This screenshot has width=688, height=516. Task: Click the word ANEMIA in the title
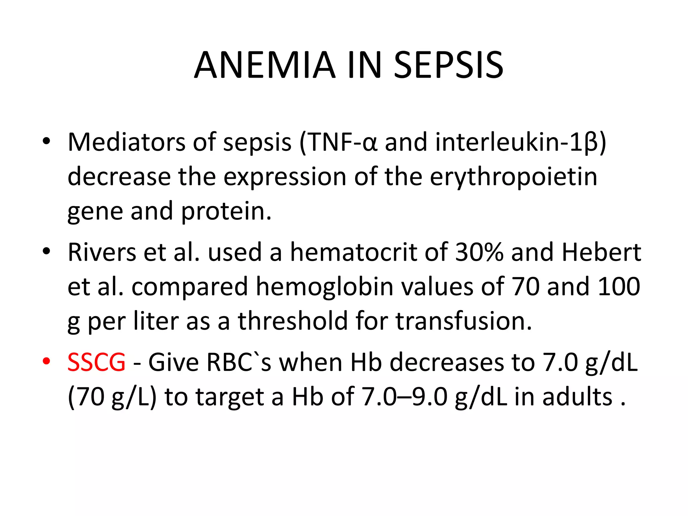(x=265, y=66)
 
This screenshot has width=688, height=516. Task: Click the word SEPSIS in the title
(x=448, y=66)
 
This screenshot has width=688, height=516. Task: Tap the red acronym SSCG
(x=96, y=362)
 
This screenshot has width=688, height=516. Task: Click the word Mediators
(x=126, y=142)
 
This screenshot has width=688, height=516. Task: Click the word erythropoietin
(x=514, y=177)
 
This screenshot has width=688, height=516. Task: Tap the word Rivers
(x=102, y=252)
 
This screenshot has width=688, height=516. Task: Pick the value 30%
(x=479, y=252)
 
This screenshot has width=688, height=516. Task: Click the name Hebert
(x=601, y=252)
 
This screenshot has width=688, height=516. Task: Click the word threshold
(x=293, y=321)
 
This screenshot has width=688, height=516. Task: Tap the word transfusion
(x=464, y=321)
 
